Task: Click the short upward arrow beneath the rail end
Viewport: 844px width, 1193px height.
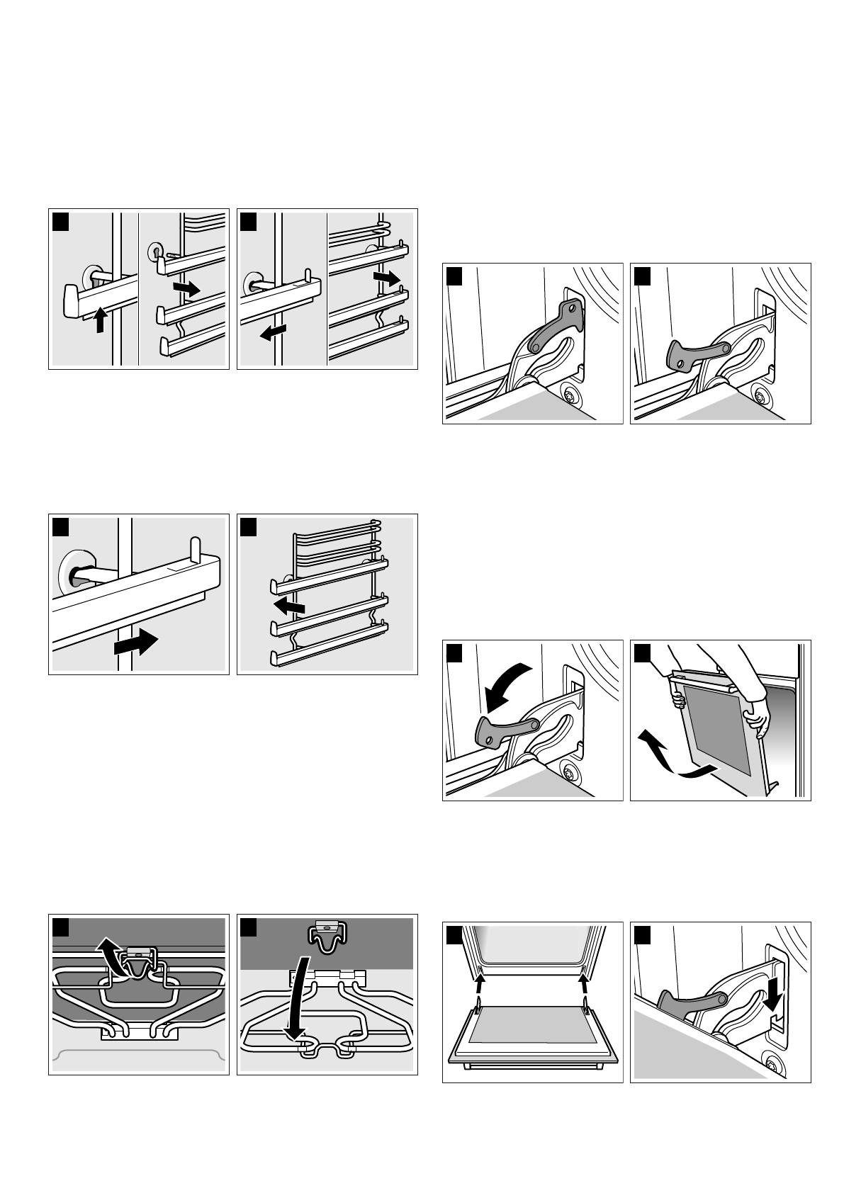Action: pyautogui.click(x=101, y=320)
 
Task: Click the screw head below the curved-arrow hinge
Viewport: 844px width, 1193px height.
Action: pyautogui.click(x=567, y=774)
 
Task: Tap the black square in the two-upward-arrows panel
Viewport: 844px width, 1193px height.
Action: pyautogui.click(x=454, y=936)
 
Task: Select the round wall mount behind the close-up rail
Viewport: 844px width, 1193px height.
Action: pyautogui.click(x=72, y=567)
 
